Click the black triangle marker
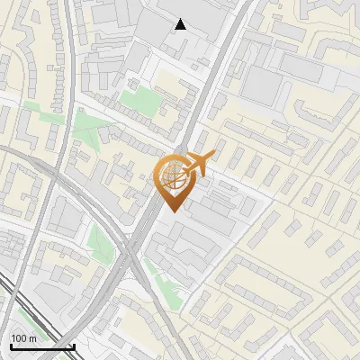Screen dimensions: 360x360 (x=180, y=24)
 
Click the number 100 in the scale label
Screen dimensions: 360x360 (x=19, y=338)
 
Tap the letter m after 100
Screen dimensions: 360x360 (x=31, y=338)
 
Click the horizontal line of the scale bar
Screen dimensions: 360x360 (x=41, y=346)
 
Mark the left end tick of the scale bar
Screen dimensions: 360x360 (x=10, y=345)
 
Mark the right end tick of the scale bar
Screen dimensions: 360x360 (x=74, y=345)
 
